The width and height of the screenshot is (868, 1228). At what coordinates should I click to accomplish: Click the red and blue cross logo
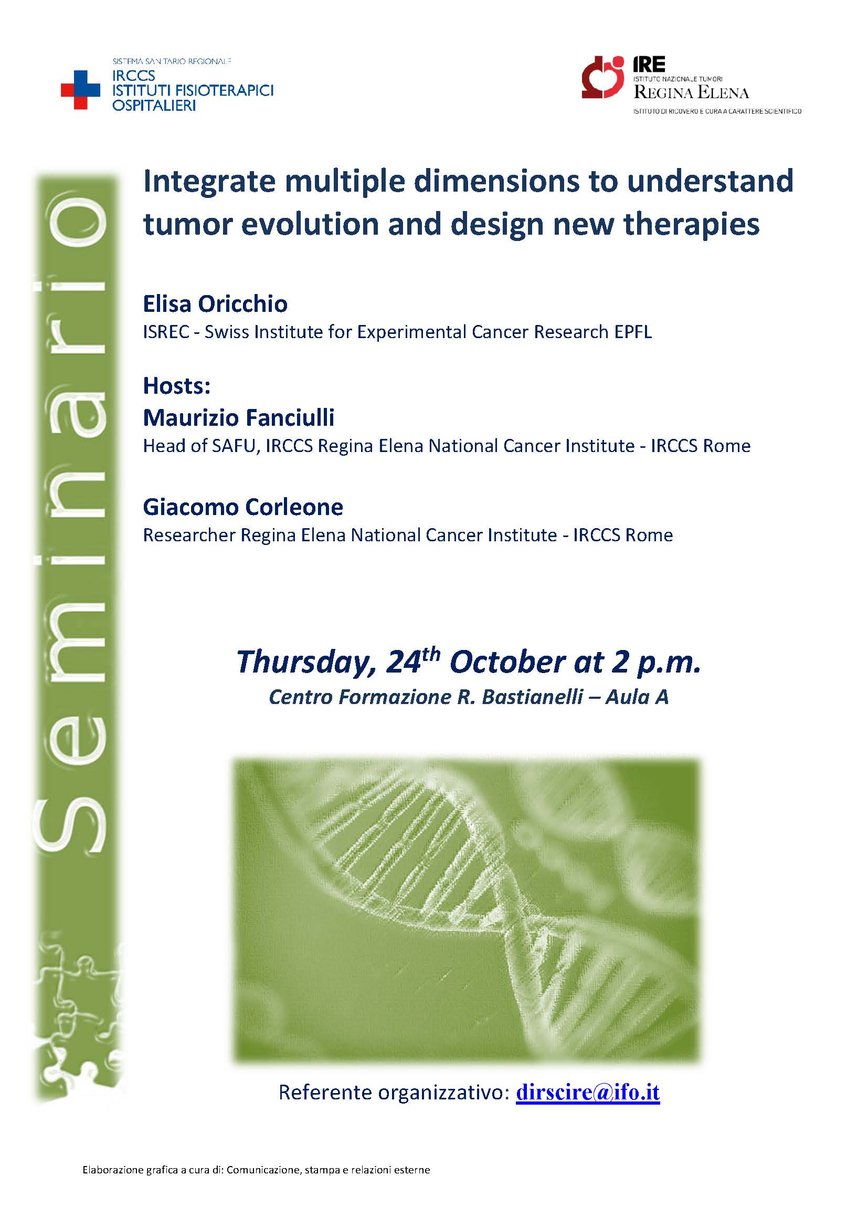click(80, 90)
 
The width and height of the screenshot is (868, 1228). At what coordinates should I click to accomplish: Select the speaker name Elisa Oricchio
click(215, 304)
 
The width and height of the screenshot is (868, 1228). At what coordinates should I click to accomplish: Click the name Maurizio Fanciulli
click(238, 417)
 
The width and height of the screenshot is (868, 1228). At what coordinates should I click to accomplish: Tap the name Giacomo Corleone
click(242, 507)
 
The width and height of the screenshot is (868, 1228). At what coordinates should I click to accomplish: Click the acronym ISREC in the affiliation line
click(166, 332)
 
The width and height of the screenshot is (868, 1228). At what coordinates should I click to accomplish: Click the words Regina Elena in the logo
click(691, 92)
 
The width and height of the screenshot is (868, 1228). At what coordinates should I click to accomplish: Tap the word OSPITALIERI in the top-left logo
click(154, 105)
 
